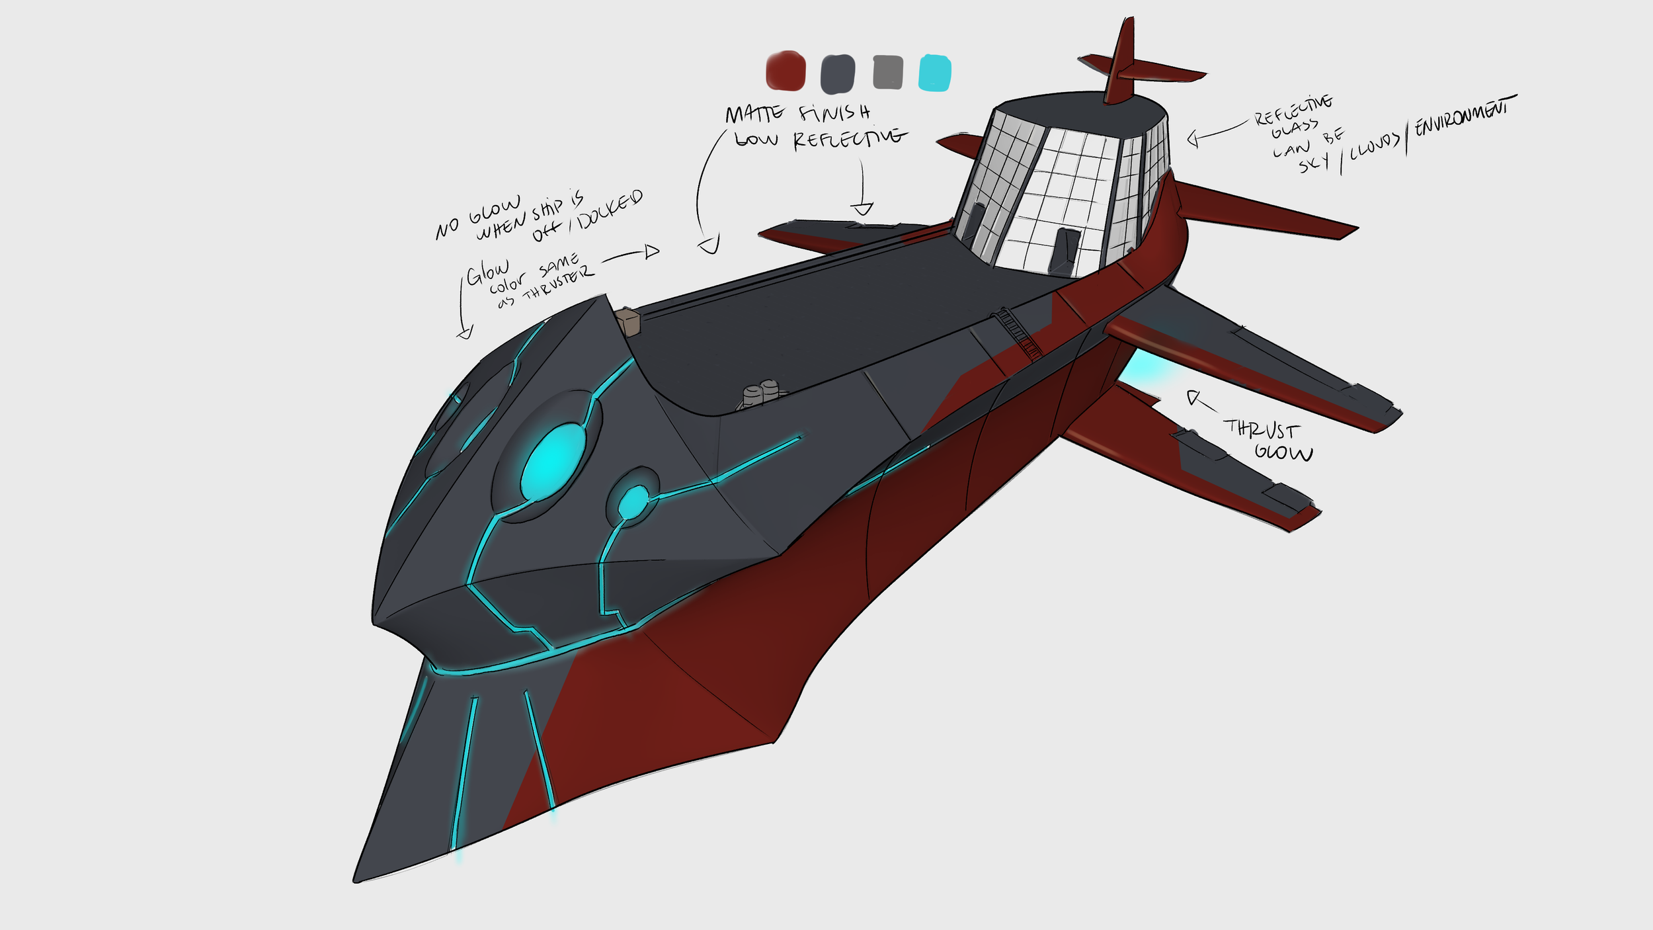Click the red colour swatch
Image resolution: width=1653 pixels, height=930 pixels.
786,71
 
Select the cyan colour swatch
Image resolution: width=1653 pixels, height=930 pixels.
934,72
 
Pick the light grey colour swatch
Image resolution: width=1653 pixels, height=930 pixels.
887,72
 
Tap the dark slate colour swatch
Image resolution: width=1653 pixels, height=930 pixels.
837,73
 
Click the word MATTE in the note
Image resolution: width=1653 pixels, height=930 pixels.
754,114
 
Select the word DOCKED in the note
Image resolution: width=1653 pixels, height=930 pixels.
610,208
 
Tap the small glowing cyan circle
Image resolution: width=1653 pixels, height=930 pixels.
634,501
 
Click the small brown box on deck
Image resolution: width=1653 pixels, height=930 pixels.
629,322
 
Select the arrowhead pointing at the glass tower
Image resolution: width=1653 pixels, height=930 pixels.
1193,139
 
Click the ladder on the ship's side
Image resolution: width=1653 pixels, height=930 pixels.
1018,331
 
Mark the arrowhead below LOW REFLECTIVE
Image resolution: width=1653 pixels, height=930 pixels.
862,209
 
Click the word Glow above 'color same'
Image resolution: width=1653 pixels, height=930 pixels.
487,272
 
